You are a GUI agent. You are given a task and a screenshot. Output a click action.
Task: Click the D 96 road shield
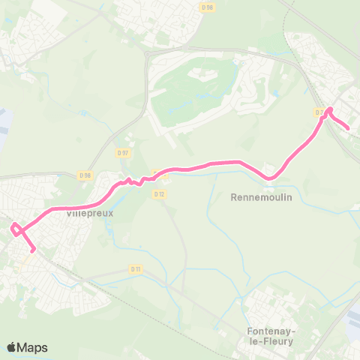[x=208, y=7]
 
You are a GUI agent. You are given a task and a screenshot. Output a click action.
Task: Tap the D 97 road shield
[x=123, y=152]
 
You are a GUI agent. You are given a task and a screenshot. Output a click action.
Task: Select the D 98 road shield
[x=85, y=175]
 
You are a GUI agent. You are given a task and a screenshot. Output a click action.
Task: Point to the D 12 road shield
[x=159, y=193]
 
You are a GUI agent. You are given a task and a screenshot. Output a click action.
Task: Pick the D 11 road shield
[x=136, y=268]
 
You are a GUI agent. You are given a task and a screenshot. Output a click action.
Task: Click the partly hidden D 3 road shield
[x=319, y=112]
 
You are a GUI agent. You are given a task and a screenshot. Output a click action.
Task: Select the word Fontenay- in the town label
[x=270, y=331]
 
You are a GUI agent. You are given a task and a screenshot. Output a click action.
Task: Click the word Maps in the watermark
[x=33, y=347]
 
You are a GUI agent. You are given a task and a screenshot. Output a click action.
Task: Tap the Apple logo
[x=12, y=347]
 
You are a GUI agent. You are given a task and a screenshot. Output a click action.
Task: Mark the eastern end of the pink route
[x=348, y=128]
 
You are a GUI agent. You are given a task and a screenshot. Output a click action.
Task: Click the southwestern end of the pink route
[x=33, y=251]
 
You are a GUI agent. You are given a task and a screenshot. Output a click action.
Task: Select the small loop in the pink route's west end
[x=15, y=228]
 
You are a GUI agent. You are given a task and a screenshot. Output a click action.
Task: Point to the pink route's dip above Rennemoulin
[x=271, y=178]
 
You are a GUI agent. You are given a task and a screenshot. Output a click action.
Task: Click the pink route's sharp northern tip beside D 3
[x=330, y=109]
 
